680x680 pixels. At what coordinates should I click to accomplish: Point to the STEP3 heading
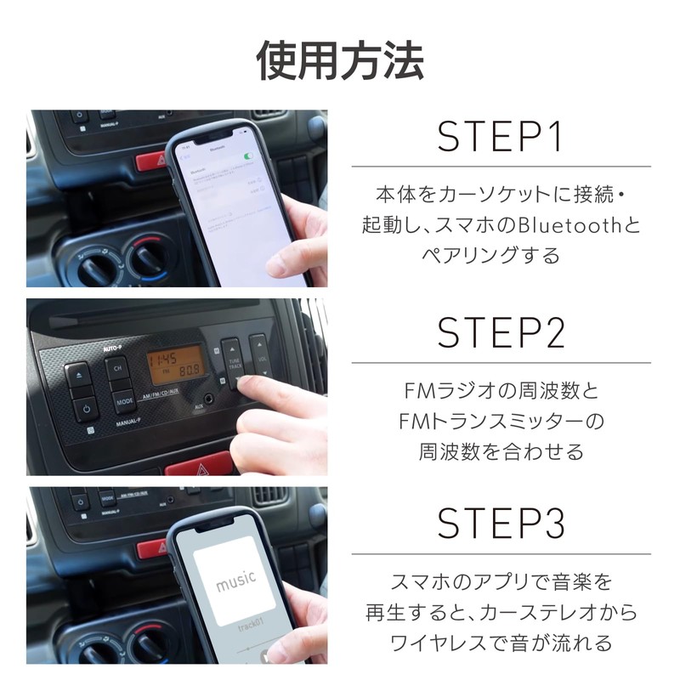[501, 524]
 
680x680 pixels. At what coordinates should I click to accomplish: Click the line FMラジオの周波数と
[501, 393]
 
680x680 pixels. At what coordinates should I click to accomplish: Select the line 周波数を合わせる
[501, 450]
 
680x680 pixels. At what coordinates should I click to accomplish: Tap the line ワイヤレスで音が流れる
[501, 640]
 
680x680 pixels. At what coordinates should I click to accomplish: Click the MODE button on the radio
[124, 400]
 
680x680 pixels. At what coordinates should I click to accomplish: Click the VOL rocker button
[259, 360]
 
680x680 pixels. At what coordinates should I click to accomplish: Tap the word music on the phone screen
[235, 582]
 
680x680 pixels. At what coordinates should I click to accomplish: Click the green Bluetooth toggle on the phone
[248, 156]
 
